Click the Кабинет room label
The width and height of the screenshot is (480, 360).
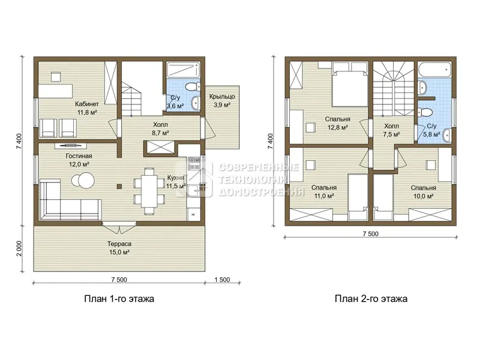click(x=87, y=104)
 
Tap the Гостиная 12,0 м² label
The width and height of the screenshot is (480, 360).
click(x=79, y=160)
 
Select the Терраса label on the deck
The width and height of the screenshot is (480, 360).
click(x=119, y=244)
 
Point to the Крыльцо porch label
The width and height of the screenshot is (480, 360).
click(x=222, y=97)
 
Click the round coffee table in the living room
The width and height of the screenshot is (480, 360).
click(x=83, y=179)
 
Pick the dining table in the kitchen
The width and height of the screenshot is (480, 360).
click(x=149, y=191)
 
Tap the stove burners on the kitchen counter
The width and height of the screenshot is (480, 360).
click(x=193, y=163)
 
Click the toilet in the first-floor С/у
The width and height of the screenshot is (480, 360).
click(x=193, y=86)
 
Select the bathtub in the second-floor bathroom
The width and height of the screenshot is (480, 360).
click(x=434, y=70)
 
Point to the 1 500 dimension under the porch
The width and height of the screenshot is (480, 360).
click(x=222, y=280)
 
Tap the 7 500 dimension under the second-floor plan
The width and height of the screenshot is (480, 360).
click(x=370, y=234)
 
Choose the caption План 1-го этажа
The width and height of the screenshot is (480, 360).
click(x=119, y=299)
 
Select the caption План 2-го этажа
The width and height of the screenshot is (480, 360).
click(x=371, y=299)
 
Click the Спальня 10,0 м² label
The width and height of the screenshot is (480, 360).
click(x=424, y=192)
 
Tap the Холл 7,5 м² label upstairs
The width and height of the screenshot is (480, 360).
click(x=392, y=130)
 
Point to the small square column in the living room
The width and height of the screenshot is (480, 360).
click(x=119, y=186)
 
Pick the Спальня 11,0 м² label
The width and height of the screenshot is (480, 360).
click(x=324, y=191)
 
